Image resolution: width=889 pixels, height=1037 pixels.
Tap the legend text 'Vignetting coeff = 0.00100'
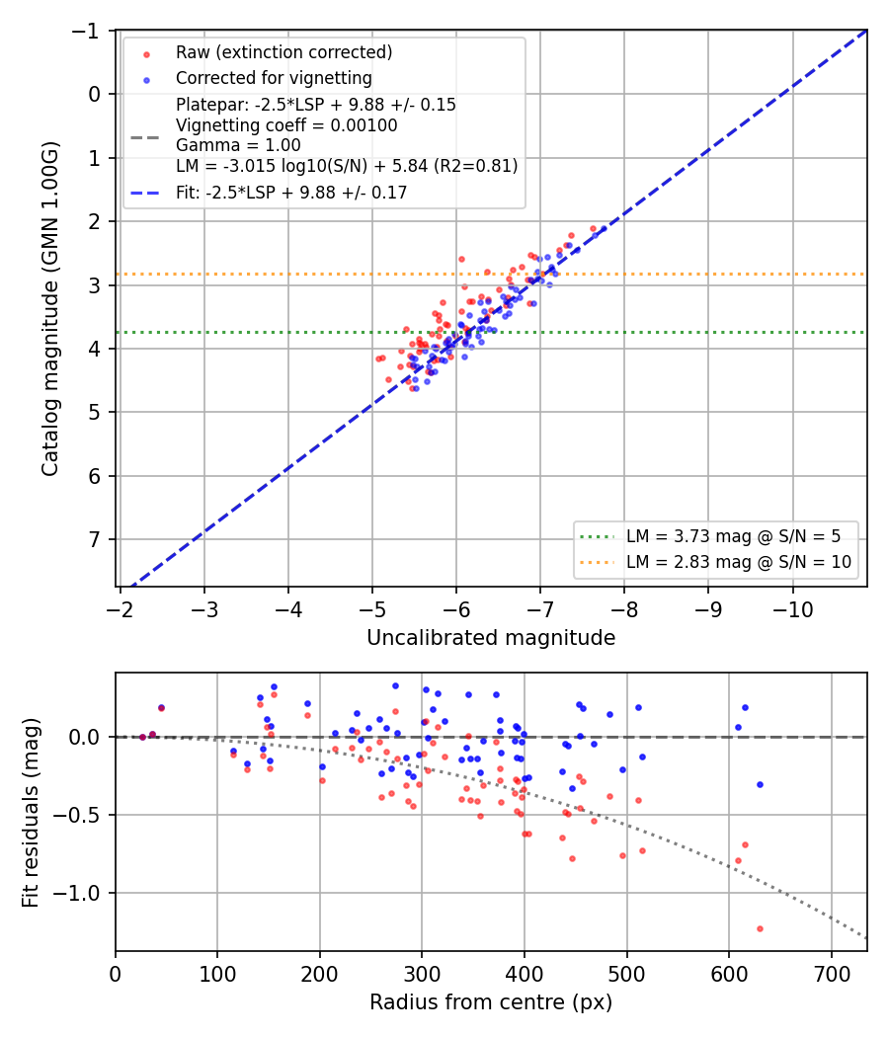(286, 125)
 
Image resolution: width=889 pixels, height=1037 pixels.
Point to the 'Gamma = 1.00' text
(238, 145)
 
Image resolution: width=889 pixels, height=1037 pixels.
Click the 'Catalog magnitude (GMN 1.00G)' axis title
(50, 308)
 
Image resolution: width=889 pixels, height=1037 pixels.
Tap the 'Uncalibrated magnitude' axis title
(491, 638)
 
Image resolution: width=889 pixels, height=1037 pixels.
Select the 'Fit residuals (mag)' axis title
(31, 812)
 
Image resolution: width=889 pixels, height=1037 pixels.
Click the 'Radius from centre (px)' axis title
(491, 1002)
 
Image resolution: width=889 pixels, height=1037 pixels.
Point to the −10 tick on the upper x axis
(792, 609)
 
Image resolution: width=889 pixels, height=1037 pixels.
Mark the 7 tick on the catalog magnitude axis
(95, 539)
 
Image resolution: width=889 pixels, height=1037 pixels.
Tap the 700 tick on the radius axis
(832, 974)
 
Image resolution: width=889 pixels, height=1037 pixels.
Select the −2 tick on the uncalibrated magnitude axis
(120, 609)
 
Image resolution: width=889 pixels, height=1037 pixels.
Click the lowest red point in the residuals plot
(760, 929)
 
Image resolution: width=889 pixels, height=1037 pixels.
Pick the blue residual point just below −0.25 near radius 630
(760, 785)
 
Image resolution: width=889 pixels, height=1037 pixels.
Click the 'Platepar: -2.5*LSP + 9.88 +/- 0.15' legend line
(315, 105)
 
